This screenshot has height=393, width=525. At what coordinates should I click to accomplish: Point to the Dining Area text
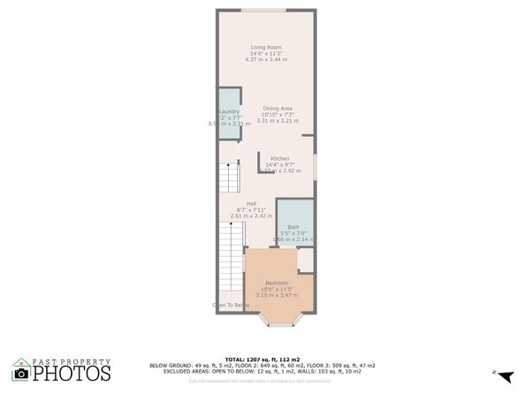278,108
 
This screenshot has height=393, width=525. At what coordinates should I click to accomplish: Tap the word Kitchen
280,158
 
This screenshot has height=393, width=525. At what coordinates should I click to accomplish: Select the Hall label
251,203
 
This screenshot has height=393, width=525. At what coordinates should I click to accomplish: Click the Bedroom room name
277,283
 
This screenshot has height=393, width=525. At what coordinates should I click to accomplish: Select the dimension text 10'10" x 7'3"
278,114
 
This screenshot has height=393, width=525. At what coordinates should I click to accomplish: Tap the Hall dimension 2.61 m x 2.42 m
251,215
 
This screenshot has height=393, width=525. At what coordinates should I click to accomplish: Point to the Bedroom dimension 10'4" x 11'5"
277,289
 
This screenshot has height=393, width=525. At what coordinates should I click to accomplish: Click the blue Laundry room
229,115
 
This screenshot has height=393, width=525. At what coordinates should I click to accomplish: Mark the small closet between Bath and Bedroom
305,259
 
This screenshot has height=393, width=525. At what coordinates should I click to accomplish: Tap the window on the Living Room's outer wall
264,11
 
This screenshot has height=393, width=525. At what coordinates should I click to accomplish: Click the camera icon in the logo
20,374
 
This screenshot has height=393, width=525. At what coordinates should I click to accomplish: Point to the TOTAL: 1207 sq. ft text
262,359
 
